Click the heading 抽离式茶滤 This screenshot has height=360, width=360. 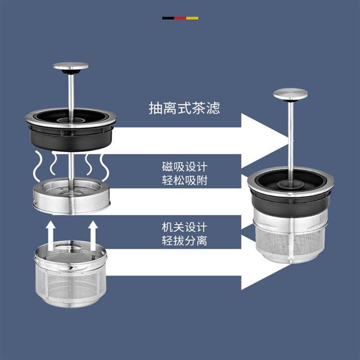click(x=184, y=108)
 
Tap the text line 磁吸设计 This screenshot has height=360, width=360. click(x=184, y=166)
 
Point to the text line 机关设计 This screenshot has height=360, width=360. click(x=184, y=226)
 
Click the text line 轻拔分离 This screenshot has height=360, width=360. click(x=184, y=240)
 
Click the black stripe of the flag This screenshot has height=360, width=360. click(x=168, y=18)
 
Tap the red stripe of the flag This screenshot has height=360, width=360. click(x=180, y=18)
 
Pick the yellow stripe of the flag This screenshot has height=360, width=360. click(x=192, y=18)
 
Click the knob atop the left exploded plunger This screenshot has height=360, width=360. click(x=71, y=67)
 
